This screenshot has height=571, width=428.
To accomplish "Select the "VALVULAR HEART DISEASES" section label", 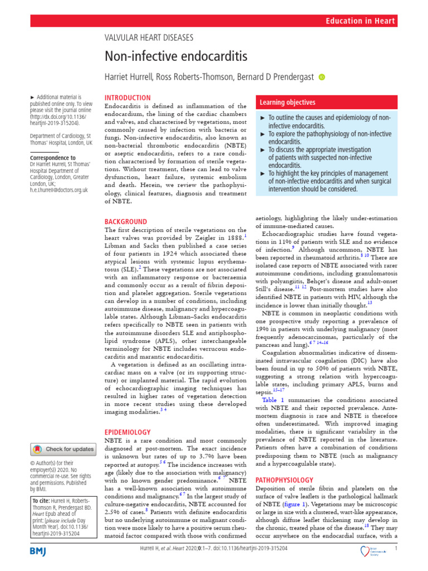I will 149,37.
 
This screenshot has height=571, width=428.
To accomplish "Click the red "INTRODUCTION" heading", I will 128,98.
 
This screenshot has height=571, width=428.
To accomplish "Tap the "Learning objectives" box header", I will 286,103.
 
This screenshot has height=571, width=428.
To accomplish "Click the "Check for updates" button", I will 64,449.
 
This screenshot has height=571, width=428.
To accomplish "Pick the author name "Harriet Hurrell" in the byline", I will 133,76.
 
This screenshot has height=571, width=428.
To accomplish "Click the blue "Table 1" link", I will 273,400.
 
